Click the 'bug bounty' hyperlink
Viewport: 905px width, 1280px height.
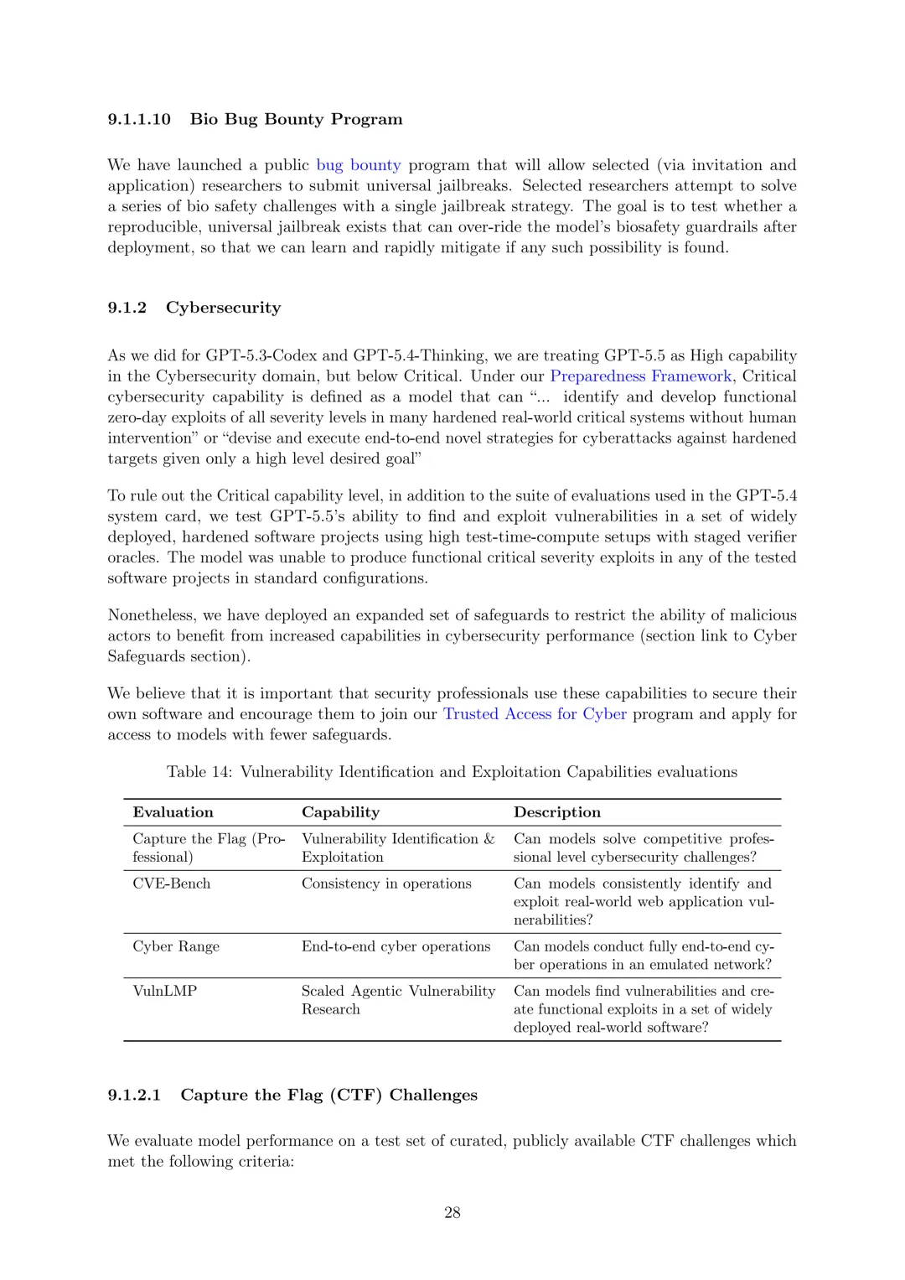(x=358, y=165)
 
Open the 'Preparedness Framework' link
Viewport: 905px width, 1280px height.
(x=641, y=376)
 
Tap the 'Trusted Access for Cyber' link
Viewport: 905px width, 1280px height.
(x=535, y=714)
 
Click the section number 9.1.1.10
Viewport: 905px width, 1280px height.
(x=139, y=119)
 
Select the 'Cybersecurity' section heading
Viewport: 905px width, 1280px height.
(x=223, y=308)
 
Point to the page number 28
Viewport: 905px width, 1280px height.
(x=452, y=1212)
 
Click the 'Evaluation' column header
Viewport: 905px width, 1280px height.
(x=173, y=812)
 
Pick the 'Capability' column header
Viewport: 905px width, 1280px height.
(x=340, y=812)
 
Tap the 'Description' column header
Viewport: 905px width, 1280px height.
(x=556, y=812)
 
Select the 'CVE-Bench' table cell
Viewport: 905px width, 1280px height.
(x=172, y=884)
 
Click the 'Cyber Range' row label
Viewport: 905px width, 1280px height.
(x=176, y=946)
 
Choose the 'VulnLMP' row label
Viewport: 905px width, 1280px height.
(x=165, y=991)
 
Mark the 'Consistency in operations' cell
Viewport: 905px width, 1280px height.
(x=386, y=884)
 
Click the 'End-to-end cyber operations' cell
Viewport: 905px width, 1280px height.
(x=396, y=946)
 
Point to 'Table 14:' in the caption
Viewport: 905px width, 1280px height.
(x=199, y=772)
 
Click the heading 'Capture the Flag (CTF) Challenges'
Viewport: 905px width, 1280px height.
(x=328, y=1095)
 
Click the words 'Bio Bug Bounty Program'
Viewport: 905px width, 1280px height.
(x=296, y=119)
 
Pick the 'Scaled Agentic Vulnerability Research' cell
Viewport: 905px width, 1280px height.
(x=398, y=1000)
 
